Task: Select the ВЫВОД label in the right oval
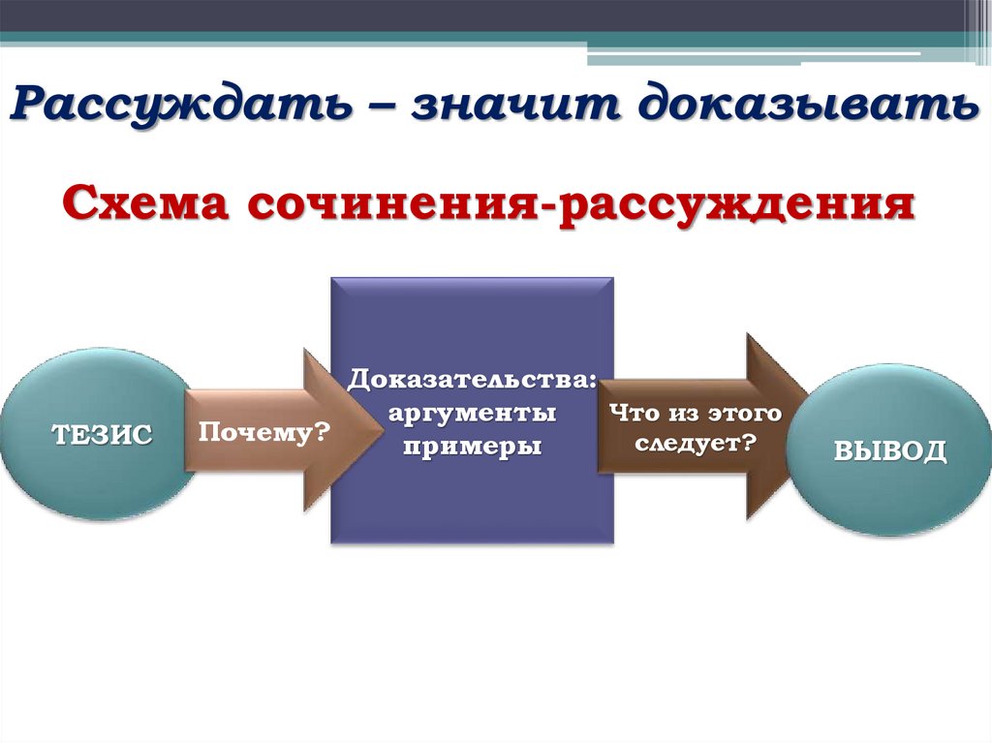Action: pyautogui.click(x=890, y=450)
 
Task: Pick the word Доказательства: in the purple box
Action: pyautogui.click(x=473, y=378)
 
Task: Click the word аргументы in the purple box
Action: pyautogui.click(x=473, y=413)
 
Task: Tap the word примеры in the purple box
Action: pyautogui.click(x=473, y=448)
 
